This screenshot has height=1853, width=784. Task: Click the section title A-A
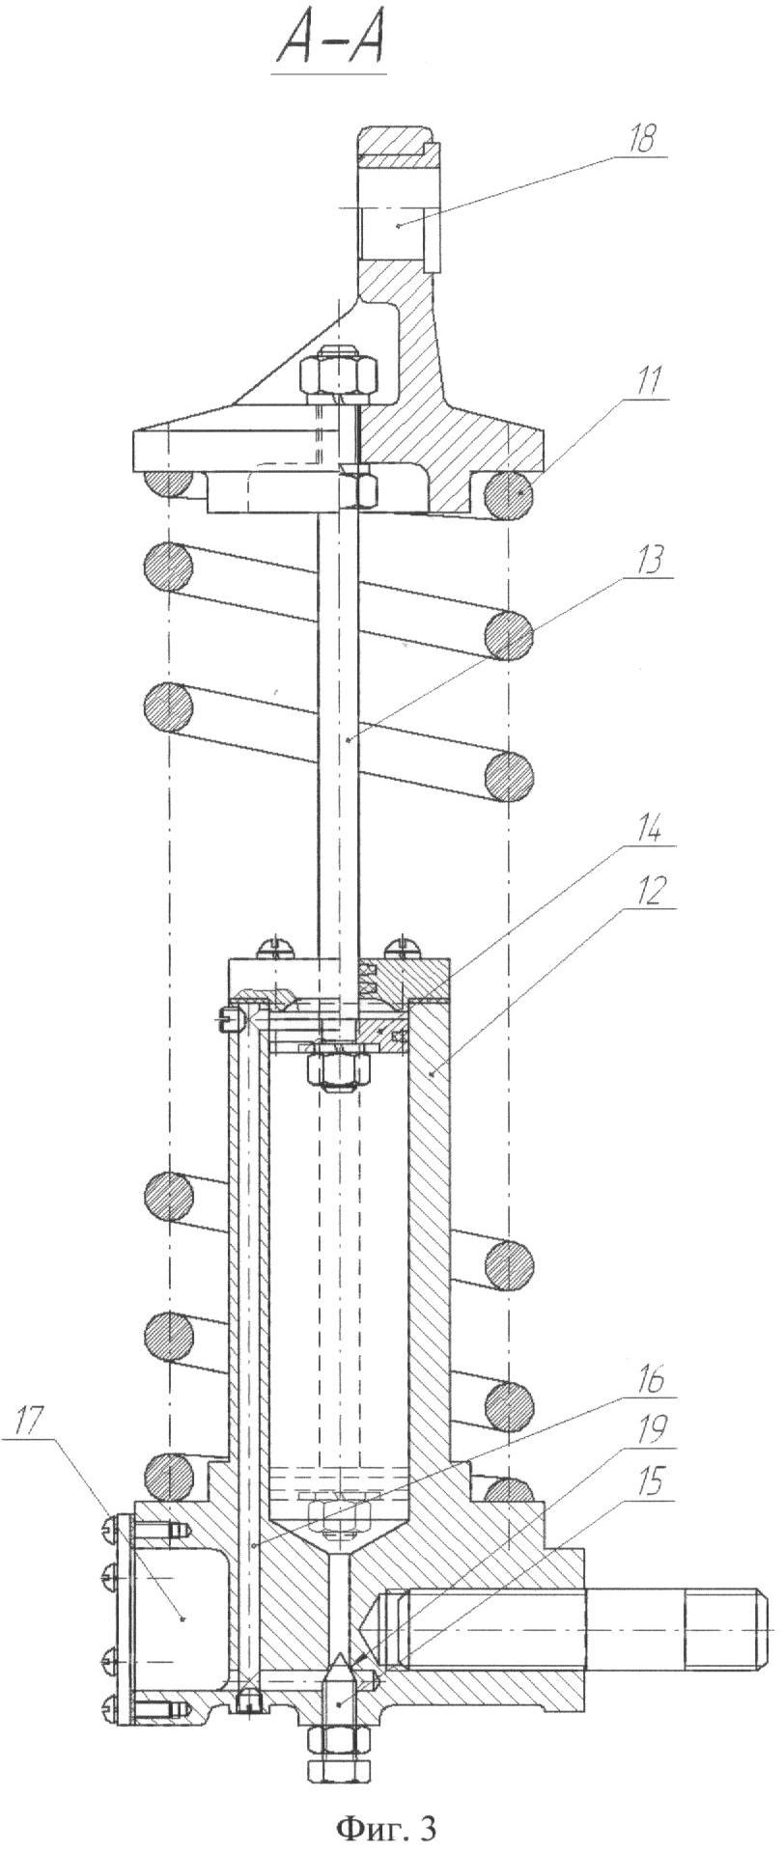[331, 42]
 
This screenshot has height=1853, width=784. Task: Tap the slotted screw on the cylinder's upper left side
[228, 1013]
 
